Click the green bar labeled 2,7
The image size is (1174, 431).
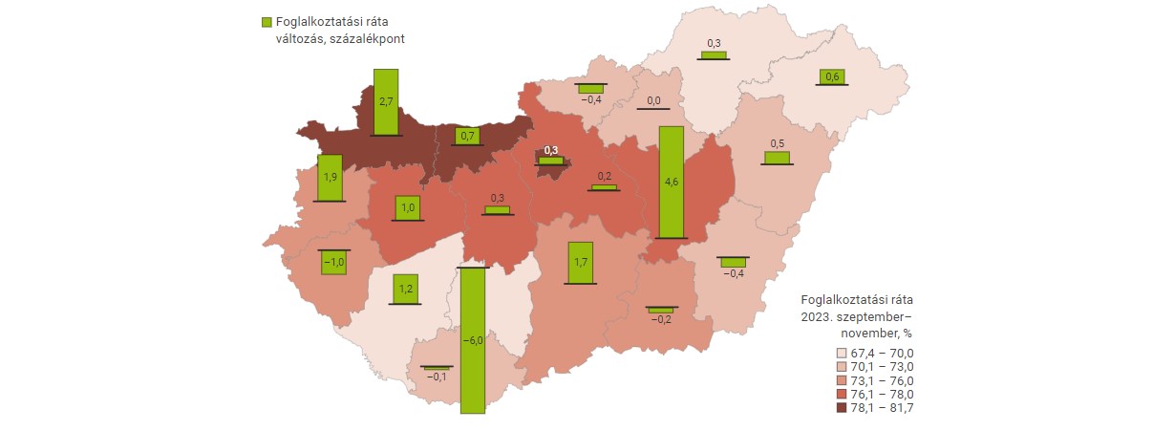pos(386,101)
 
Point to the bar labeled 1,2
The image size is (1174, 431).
pos(405,288)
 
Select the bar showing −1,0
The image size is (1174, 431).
pos(332,262)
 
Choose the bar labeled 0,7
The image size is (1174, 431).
pos(468,137)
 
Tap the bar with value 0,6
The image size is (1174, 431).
pos(832,76)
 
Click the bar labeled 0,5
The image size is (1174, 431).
pos(777,157)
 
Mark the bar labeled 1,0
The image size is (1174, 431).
pos(407,208)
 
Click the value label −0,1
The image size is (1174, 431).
pos(437,377)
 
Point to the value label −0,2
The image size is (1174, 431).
pos(660,320)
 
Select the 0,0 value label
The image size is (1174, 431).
pos(654,100)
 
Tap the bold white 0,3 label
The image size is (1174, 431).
pos(550,150)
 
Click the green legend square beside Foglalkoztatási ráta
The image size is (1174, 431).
pos(266,21)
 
